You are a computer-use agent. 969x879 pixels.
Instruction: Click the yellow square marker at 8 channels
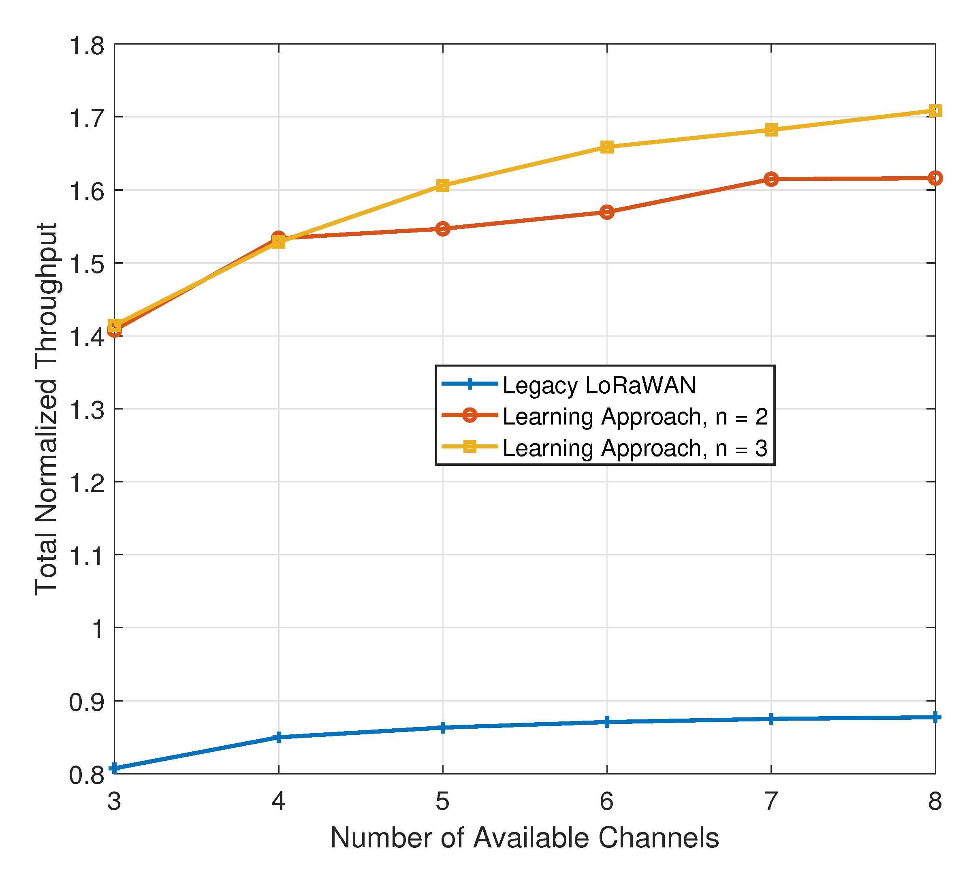coord(935,111)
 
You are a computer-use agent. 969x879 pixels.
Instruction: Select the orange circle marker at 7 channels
coord(771,179)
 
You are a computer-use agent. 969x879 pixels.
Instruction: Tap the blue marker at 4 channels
coord(278,737)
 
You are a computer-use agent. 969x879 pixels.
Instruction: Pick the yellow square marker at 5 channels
coord(443,186)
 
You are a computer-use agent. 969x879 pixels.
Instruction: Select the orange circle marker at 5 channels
coord(443,229)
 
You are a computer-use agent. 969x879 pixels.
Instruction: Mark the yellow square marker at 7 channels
coord(771,130)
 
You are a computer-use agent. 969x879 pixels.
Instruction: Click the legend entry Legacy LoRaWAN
coord(599,386)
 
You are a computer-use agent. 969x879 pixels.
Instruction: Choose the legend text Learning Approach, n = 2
coord(635,417)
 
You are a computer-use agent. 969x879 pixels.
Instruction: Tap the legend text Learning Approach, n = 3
coord(635,448)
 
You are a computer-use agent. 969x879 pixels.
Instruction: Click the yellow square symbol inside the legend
coord(470,446)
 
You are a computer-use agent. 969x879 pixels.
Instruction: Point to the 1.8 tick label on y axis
coord(87,47)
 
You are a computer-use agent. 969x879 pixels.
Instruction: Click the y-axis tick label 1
coord(98,629)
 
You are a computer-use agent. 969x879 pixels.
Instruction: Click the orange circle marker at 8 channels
coord(935,178)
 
